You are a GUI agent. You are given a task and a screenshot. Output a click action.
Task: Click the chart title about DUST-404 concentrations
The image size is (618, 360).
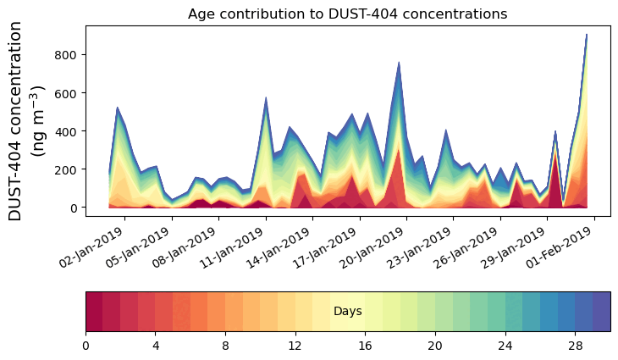pyautogui.click(x=347, y=14)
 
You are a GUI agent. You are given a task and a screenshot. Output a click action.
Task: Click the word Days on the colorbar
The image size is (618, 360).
pyautogui.click(x=347, y=312)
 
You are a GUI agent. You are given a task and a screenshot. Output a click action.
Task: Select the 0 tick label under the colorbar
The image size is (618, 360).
pyautogui.click(x=86, y=345)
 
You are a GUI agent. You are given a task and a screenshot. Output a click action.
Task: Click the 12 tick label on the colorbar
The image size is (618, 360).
pyautogui.click(x=295, y=345)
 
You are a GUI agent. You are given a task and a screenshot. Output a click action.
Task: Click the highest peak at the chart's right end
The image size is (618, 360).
pyautogui.click(x=586, y=35)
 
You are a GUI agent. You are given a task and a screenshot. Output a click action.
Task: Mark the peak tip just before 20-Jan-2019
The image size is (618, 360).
pyautogui.click(x=399, y=62)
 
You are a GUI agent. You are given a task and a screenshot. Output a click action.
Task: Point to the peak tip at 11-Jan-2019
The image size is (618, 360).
pyautogui.click(x=266, y=97)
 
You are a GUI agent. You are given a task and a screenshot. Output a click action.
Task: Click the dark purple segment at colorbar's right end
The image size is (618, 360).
pyautogui.click(x=601, y=312)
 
